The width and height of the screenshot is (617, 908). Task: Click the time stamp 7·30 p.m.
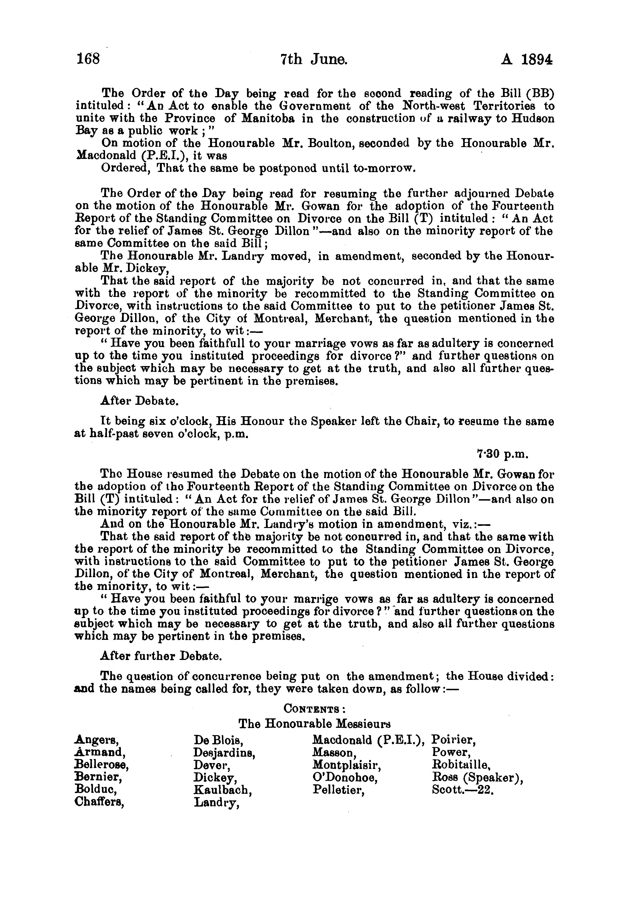tap(502, 454)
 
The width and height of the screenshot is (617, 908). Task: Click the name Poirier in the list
tap(454, 740)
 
